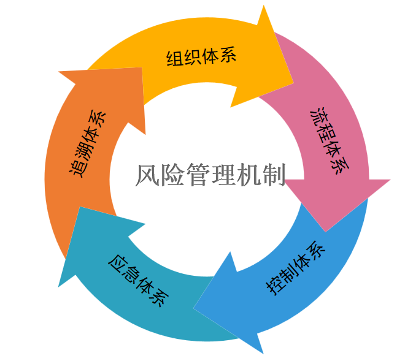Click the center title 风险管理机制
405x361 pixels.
(210, 175)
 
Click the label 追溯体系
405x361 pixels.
(85, 143)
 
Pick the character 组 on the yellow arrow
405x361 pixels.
(175, 59)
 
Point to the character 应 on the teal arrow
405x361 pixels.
(117, 264)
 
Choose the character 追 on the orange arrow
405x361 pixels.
(77, 167)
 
